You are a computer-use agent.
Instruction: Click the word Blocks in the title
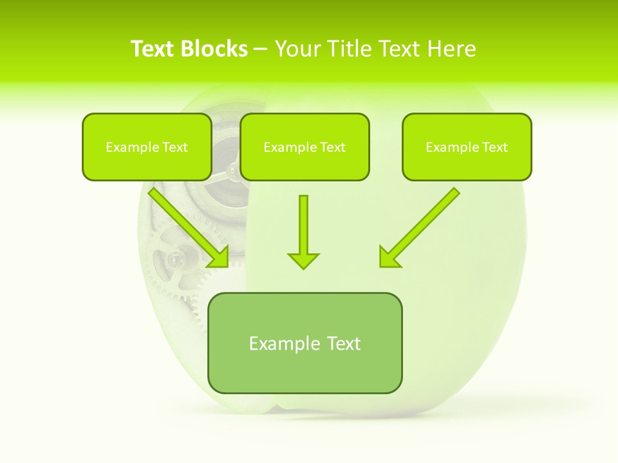coord(214,49)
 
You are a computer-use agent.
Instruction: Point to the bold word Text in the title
coord(154,49)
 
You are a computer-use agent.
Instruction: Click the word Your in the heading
coord(297,49)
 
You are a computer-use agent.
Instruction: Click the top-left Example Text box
coord(147,147)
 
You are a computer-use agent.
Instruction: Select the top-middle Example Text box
coord(304,147)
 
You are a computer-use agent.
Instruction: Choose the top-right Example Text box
coord(467,147)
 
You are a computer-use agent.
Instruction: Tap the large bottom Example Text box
coord(304,343)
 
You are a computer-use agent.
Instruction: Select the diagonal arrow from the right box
coord(421,226)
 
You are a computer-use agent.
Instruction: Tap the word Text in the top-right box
coord(494,147)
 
